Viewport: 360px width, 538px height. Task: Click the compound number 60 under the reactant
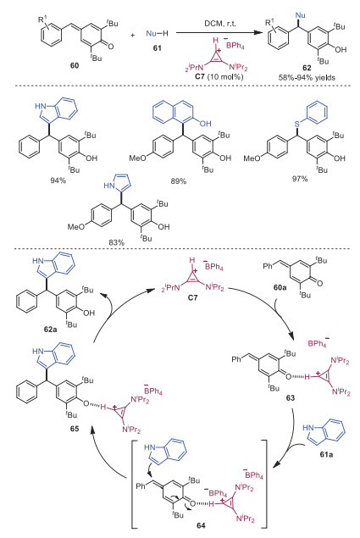[75, 65]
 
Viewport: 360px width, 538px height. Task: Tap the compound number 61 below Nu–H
[158, 48]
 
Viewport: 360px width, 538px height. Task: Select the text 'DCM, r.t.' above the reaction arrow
[220, 24]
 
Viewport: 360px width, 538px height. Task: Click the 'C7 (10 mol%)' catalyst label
[219, 76]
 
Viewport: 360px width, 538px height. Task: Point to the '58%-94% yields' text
[307, 78]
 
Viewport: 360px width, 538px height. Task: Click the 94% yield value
[58, 180]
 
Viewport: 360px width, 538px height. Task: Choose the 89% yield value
[179, 180]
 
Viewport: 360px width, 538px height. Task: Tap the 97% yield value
[300, 179]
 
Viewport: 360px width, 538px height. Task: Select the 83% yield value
[117, 242]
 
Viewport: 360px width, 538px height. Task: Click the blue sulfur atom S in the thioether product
[297, 122]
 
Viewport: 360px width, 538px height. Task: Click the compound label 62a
[51, 330]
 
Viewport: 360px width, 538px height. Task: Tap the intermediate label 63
[291, 398]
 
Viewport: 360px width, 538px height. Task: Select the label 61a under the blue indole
[326, 455]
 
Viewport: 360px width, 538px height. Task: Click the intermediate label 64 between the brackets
[201, 525]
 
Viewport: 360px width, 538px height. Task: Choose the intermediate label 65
[75, 429]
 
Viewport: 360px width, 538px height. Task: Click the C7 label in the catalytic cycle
[193, 298]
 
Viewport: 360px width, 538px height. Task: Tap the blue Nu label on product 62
[300, 15]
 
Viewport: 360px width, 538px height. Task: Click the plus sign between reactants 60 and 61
[133, 35]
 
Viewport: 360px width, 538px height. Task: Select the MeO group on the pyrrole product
[76, 227]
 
